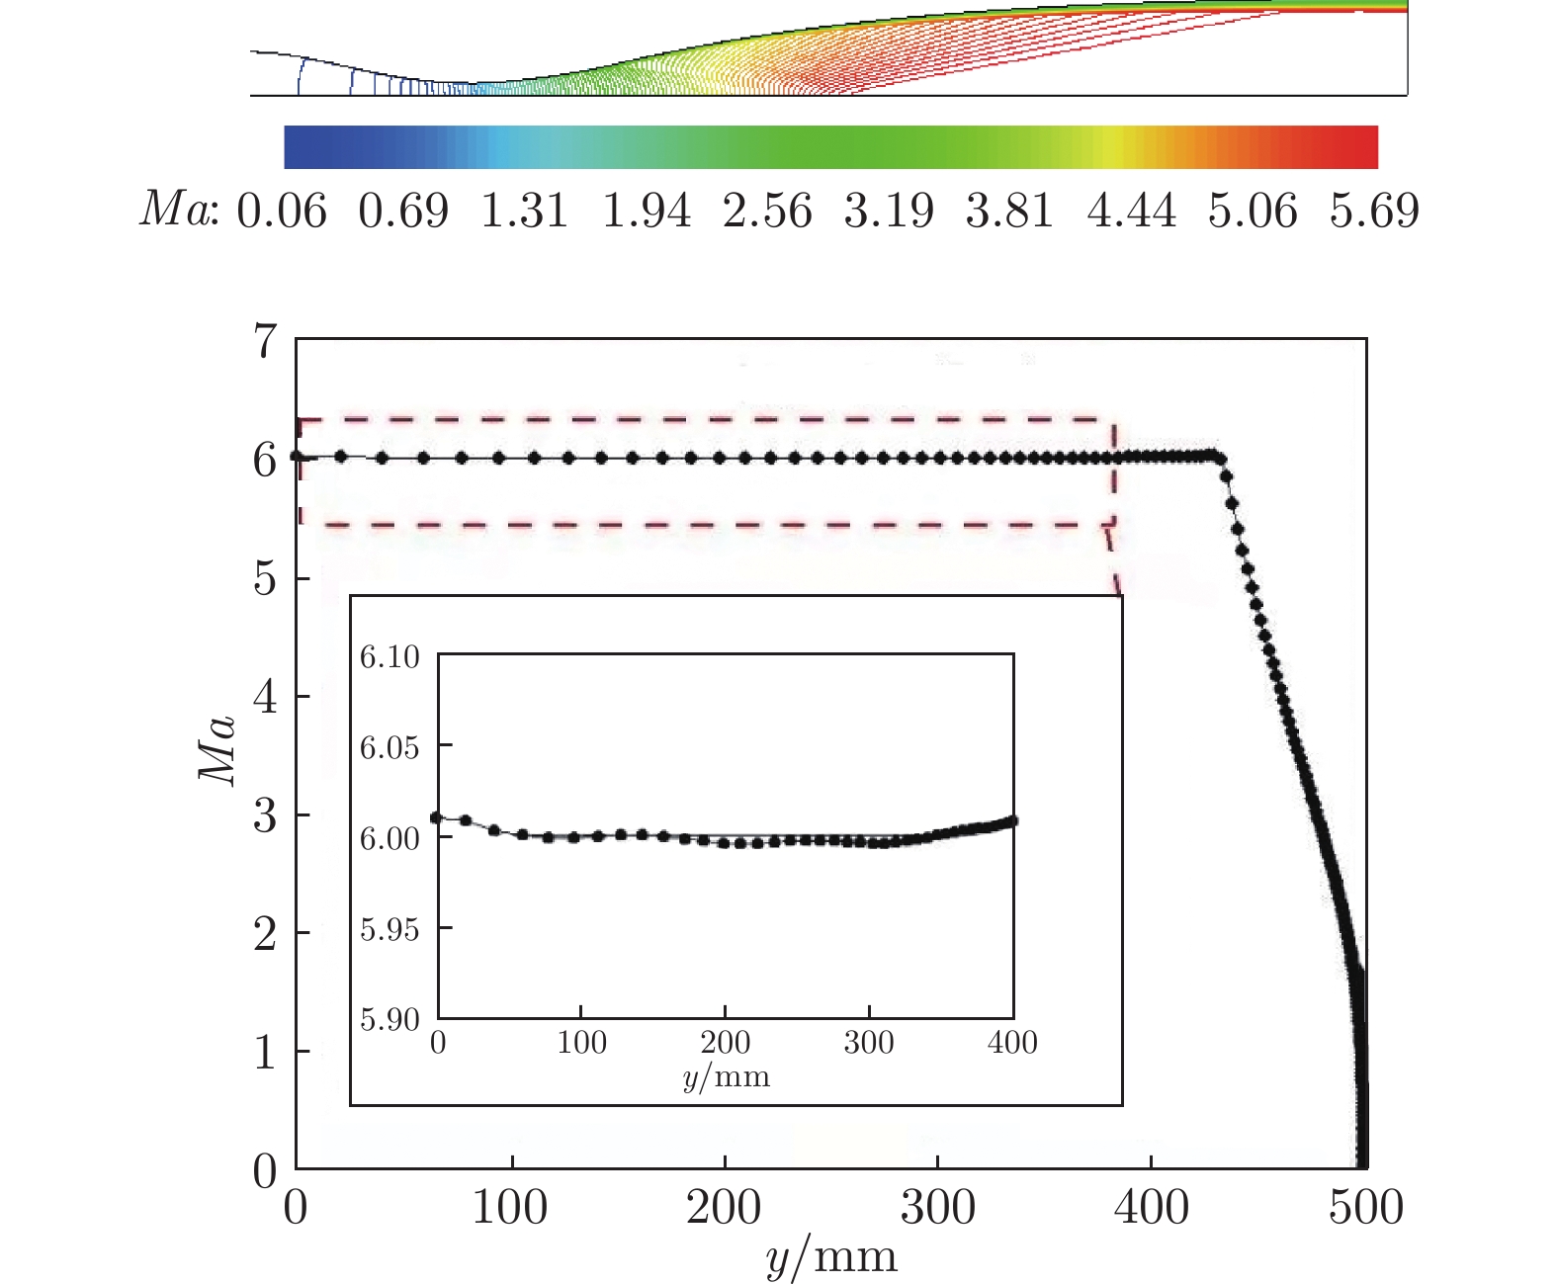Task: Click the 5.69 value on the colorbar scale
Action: (x=1373, y=212)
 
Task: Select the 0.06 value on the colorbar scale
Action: (x=282, y=212)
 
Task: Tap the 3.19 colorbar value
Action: (x=888, y=212)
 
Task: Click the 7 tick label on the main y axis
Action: (x=265, y=342)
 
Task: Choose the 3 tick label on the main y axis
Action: (x=265, y=816)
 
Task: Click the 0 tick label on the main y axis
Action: (x=265, y=1171)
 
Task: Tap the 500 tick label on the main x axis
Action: (x=1365, y=1208)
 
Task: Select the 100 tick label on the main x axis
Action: (x=510, y=1208)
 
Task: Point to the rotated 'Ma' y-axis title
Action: (x=218, y=749)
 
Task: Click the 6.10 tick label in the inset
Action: (x=389, y=656)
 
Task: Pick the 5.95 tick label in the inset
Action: (x=389, y=929)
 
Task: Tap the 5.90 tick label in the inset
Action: (x=389, y=1019)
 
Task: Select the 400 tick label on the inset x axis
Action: (x=1012, y=1043)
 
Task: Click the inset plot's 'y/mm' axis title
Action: (x=726, y=1075)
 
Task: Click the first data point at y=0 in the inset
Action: (x=437, y=817)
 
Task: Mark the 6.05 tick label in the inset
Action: (x=389, y=747)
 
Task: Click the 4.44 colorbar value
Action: (x=1131, y=212)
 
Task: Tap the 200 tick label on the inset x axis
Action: (x=726, y=1043)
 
